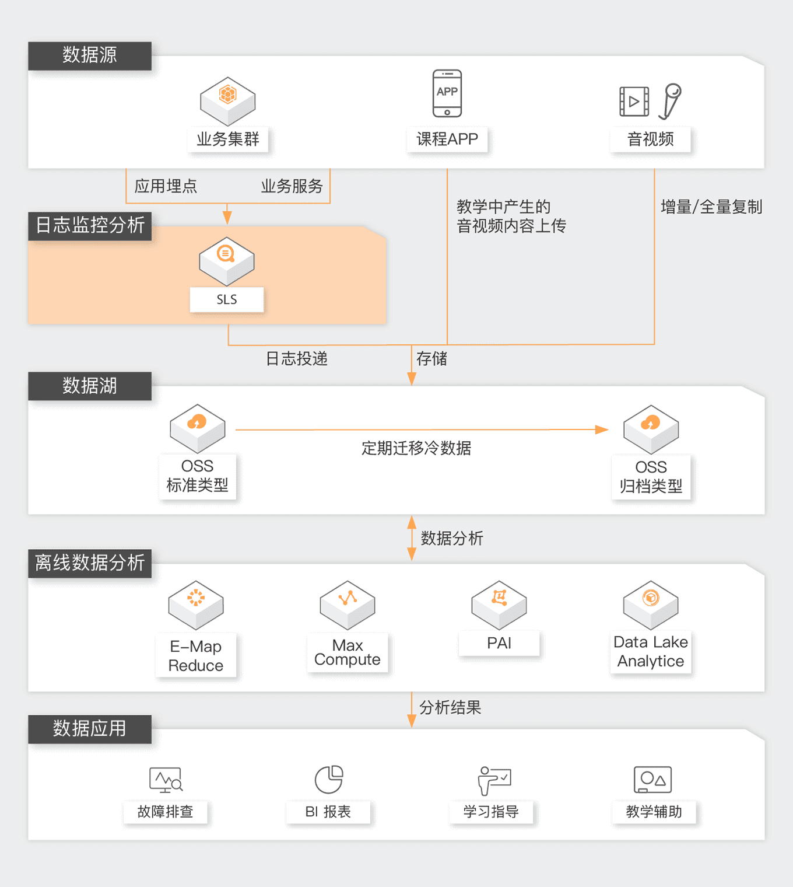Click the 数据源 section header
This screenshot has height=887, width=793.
click(x=90, y=55)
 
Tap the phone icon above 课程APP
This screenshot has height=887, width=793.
click(x=447, y=93)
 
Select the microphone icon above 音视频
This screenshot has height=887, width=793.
click(x=671, y=101)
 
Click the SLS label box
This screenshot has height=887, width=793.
click(x=227, y=299)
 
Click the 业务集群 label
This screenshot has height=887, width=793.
click(x=228, y=139)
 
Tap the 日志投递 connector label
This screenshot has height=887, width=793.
click(x=297, y=358)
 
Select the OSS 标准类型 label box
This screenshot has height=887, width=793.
click(x=198, y=476)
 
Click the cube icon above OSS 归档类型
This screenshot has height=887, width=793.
click(x=651, y=429)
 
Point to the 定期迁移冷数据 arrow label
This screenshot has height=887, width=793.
click(x=416, y=448)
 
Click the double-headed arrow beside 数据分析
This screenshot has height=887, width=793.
click(x=412, y=538)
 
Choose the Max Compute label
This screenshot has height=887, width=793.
click(x=348, y=652)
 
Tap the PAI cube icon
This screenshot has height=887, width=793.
click(x=499, y=604)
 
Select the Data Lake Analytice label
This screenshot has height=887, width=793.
click(x=651, y=652)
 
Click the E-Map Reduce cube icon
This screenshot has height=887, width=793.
click(x=196, y=605)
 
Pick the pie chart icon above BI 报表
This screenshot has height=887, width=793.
click(x=329, y=780)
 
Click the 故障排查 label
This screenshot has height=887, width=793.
click(x=165, y=812)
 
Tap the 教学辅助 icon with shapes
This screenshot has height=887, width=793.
click(x=653, y=780)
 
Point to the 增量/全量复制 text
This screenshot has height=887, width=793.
click(x=711, y=207)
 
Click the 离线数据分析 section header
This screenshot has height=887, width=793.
click(x=90, y=563)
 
